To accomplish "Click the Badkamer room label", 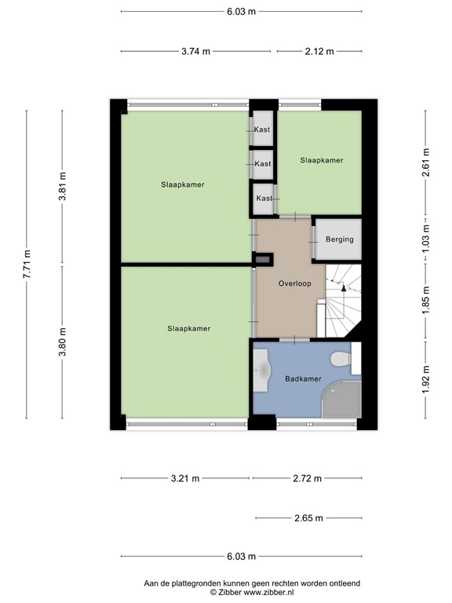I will click(303, 378).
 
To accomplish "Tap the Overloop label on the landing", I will click(295, 283).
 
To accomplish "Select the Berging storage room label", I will click(339, 239).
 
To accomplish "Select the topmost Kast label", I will click(262, 130).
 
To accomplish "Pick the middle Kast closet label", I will click(262, 164).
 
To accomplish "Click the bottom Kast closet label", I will click(264, 199).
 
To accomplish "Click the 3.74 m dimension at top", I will click(195, 52).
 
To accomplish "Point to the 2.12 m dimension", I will click(319, 52).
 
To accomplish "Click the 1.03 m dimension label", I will click(426, 236).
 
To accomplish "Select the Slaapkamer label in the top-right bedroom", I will click(321, 160).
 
